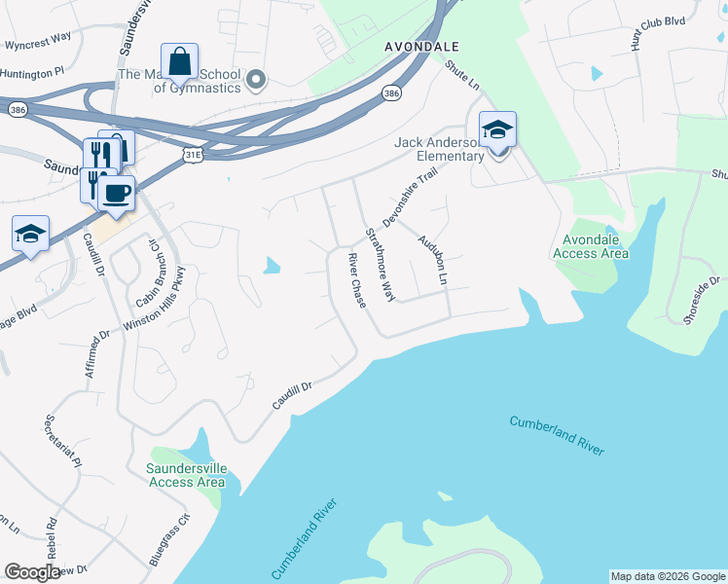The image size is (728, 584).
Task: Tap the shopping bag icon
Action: (x=180, y=62)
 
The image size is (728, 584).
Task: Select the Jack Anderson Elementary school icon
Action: (x=497, y=130)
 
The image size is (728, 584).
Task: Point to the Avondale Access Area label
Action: (x=591, y=247)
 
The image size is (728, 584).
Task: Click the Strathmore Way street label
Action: (x=381, y=264)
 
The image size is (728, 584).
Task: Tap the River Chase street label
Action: (x=357, y=281)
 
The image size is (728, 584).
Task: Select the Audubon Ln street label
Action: (x=432, y=260)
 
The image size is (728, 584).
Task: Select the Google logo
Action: (x=32, y=572)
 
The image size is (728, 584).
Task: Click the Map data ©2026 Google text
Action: (x=668, y=576)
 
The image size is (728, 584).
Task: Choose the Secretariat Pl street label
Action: (x=62, y=443)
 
